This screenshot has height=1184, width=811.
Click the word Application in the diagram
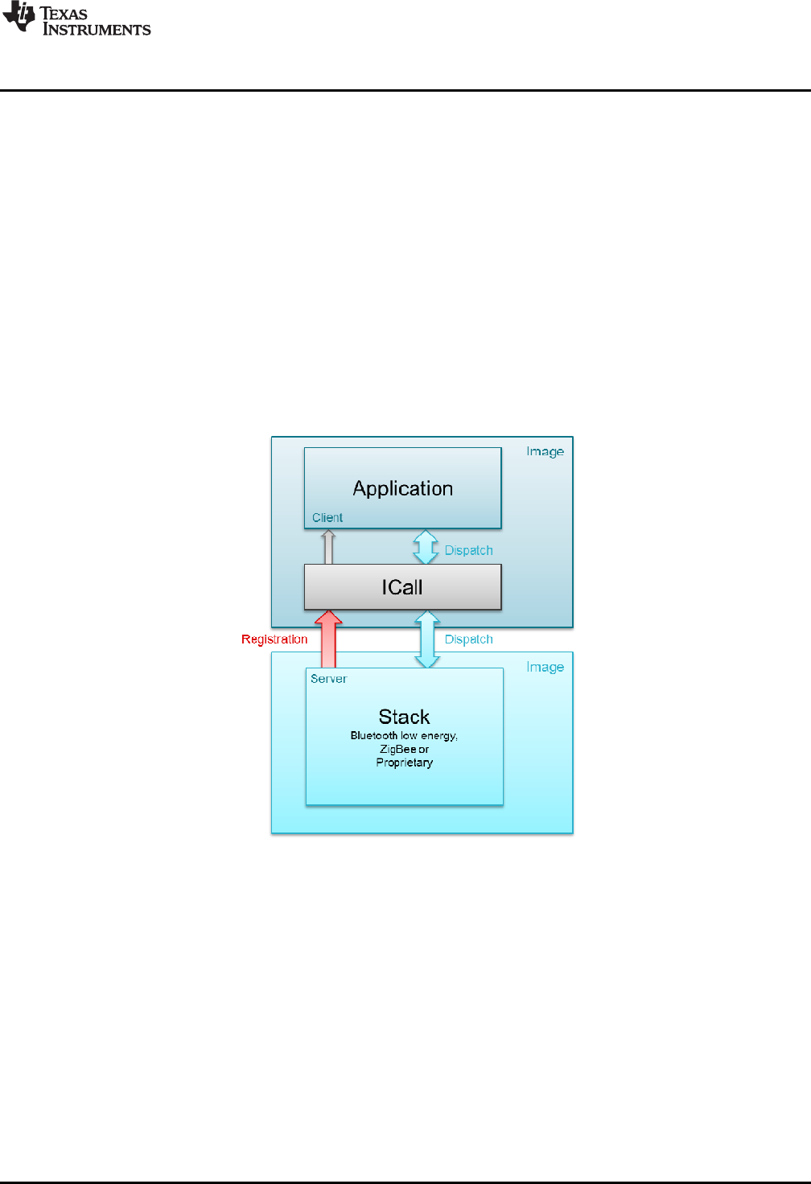pyautogui.click(x=402, y=488)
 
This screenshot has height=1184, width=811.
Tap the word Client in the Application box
pyautogui.click(x=327, y=517)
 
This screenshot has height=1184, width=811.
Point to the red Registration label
pyautogui.click(x=274, y=639)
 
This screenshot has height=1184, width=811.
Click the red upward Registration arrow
pyautogui.click(x=328, y=639)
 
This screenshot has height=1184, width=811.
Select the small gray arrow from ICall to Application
pyautogui.click(x=328, y=547)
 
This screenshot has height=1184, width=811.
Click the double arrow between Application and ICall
pyautogui.click(x=426, y=547)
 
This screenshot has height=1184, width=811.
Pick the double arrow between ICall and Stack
pyautogui.click(x=426, y=639)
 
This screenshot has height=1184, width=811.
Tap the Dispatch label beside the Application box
pyautogui.click(x=468, y=550)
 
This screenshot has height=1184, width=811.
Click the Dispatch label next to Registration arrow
pyautogui.click(x=468, y=639)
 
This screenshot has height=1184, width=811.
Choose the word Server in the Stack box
pyautogui.click(x=328, y=679)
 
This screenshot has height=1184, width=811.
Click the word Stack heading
pyautogui.click(x=404, y=717)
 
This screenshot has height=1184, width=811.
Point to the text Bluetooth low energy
pyautogui.click(x=404, y=735)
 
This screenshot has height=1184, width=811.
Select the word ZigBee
pyautogui.click(x=398, y=749)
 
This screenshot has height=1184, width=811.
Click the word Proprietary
pyautogui.click(x=404, y=763)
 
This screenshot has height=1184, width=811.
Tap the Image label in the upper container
pyautogui.click(x=545, y=451)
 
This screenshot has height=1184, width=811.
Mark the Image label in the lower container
pyautogui.click(x=545, y=667)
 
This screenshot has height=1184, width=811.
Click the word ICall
pyautogui.click(x=402, y=587)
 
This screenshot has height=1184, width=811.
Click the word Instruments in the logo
pyautogui.click(x=97, y=30)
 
